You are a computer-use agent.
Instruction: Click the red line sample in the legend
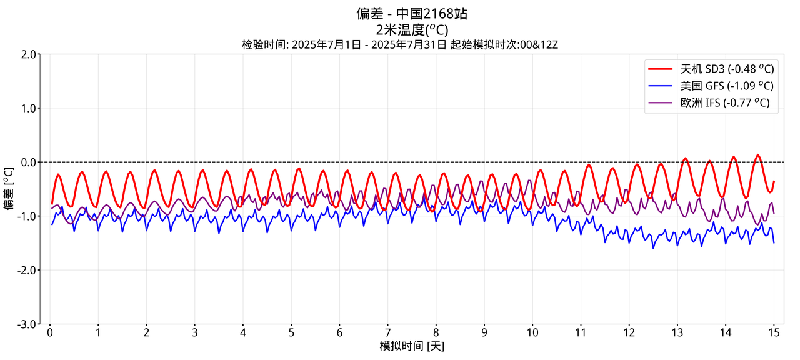[661, 69]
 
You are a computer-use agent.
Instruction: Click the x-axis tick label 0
[50, 332]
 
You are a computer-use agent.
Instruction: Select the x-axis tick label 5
[291, 332]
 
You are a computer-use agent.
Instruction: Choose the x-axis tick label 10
[532, 332]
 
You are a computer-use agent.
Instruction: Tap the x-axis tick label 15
[774, 332]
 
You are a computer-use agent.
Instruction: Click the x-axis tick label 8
[436, 332]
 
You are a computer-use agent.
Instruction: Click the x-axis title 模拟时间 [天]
[412, 346]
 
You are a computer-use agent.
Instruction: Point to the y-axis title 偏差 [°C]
[9, 189]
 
